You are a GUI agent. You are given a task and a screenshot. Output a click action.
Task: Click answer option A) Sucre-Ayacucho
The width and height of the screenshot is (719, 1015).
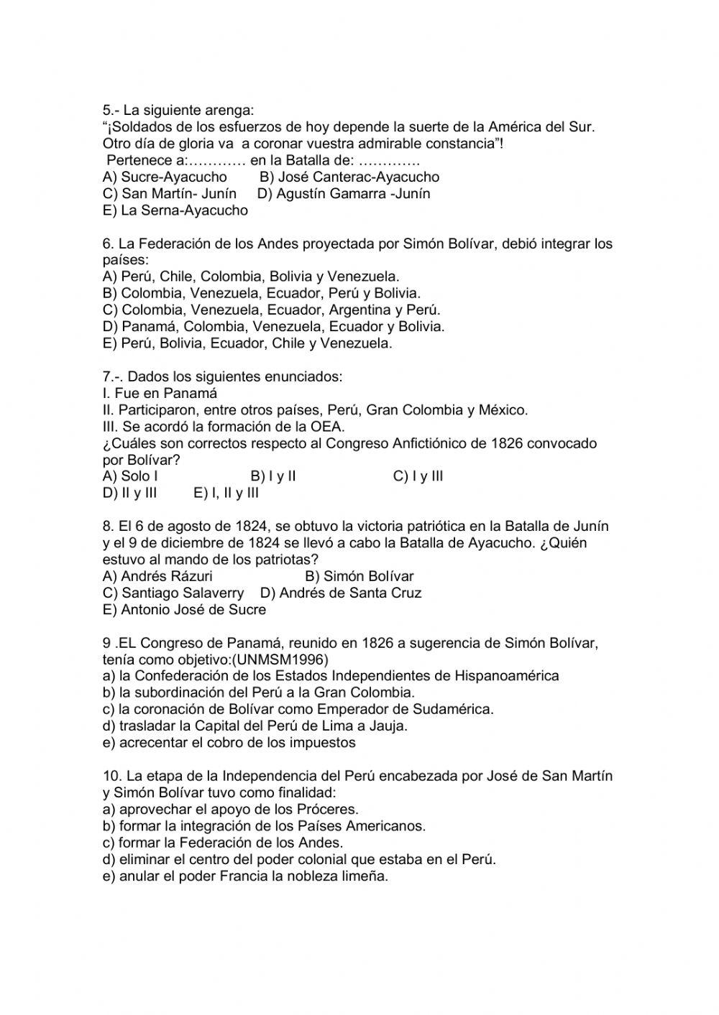(165, 177)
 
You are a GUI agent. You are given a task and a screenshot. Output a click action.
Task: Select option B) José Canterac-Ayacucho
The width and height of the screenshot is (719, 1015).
(349, 177)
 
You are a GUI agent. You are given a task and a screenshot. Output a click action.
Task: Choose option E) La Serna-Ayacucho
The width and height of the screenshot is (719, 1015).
(175, 210)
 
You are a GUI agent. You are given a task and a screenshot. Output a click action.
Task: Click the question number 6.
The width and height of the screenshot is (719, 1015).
(108, 244)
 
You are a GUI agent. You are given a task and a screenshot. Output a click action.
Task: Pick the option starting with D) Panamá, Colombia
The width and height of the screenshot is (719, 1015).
(274, 326)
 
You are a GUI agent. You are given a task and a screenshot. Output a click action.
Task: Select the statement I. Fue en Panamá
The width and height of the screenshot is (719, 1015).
(160, 393)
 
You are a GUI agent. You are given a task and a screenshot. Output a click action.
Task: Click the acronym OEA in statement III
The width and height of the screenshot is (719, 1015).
(329, 427)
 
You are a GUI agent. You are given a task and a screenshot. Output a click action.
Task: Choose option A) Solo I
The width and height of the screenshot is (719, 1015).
(130, 476)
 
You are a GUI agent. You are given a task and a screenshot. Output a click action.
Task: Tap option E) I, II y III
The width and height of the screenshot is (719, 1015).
(226, 493)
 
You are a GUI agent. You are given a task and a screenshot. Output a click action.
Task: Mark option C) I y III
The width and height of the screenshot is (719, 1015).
(418, 476)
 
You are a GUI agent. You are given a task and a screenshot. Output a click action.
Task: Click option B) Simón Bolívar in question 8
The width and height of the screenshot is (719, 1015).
(359, 576)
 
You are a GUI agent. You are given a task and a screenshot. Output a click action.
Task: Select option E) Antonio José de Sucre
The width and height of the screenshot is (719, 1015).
(185, 609)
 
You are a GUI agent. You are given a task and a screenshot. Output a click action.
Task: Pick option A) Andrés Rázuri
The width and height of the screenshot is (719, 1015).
(157, 576)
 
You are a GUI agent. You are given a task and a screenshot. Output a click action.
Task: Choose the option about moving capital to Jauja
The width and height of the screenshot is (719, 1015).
(255, 726)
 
